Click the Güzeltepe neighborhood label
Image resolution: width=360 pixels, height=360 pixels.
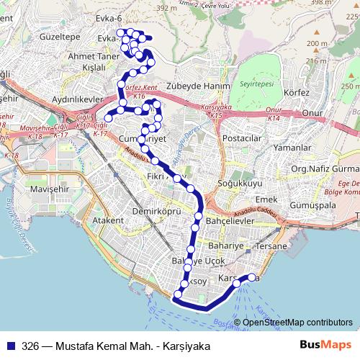pyautogui.click(x=43, y=34)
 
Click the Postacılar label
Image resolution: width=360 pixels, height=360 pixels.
pyautogui.click(x=241, y=138)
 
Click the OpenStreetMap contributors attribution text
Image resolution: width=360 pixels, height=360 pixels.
pyautogui.click(x=297, y=323)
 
